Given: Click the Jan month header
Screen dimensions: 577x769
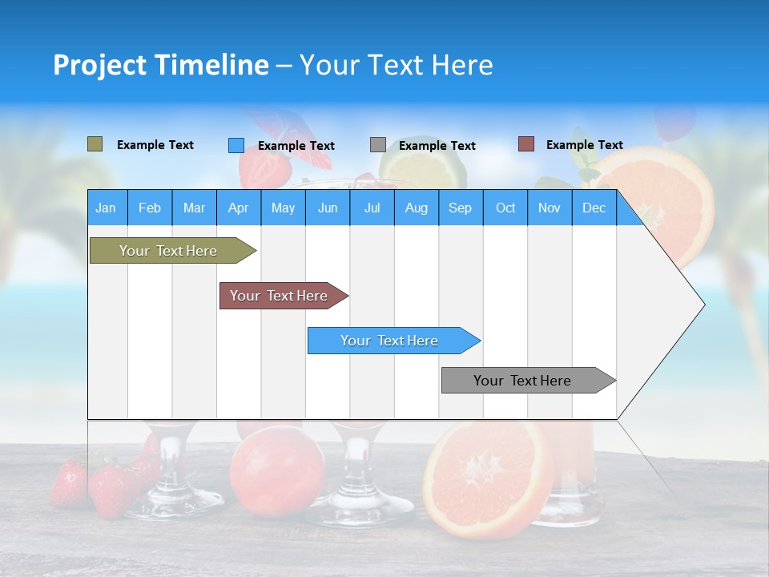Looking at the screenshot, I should pos(106,208).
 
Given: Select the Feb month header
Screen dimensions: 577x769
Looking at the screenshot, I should pos(150,208).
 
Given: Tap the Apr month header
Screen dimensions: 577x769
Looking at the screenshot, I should pos(238,208).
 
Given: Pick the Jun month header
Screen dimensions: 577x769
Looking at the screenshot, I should pos(328,208).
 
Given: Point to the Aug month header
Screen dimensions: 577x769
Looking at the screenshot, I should pos(416,208).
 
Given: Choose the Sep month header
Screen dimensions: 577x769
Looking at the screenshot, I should pos(460,208).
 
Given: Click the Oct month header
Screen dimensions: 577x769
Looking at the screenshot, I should pos(505,208).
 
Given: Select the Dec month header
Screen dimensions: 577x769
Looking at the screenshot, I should pos(594,208).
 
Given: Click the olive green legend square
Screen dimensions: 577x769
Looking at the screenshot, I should pos(95,144).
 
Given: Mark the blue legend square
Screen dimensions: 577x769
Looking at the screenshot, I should pos(236,145).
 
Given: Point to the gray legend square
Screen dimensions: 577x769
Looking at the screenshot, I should pos(378,145).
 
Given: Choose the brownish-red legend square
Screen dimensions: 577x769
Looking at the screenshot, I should pos(525,144).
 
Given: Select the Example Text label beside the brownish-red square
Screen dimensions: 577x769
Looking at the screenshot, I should pos(584,145).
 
